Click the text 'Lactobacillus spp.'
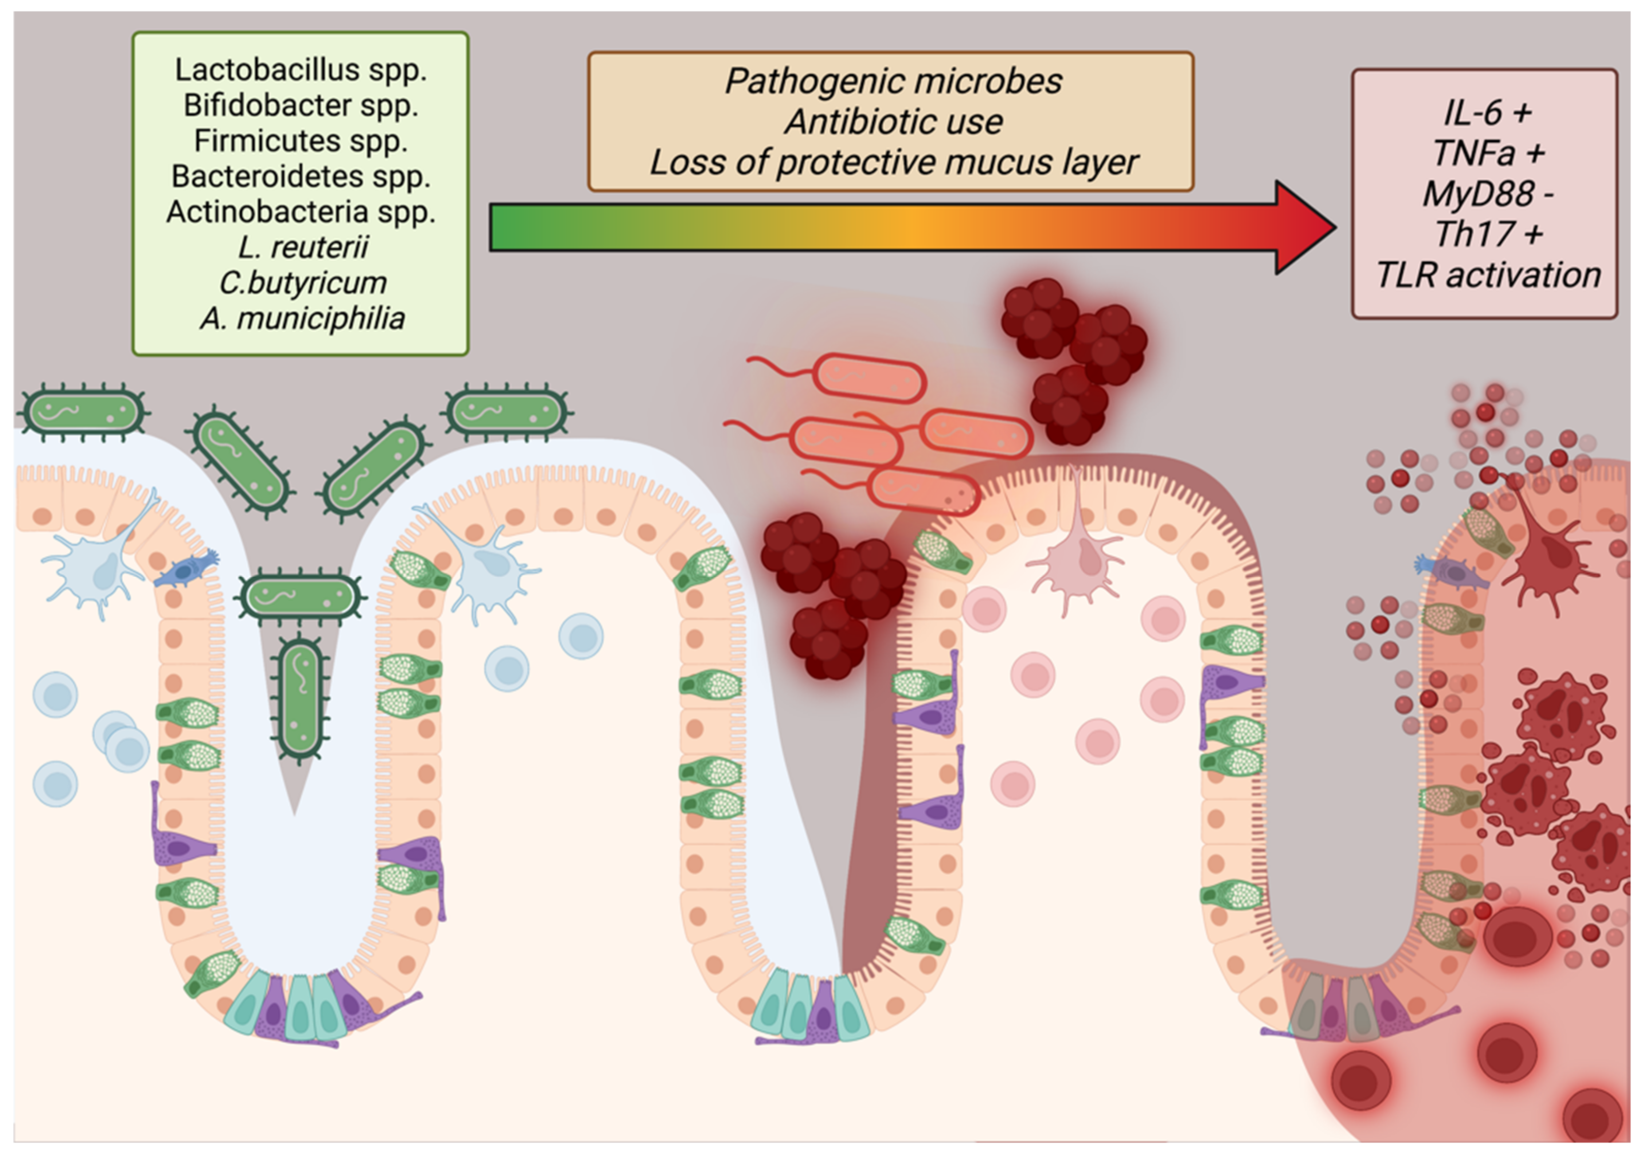point(301,70)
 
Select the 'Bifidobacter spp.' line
point(301,105)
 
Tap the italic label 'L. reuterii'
point(303,247)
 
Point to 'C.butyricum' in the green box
point(303,283)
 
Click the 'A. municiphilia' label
point(303,318)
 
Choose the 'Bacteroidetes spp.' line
point(301,176)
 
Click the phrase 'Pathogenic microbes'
point(893,81)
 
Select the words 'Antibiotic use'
point(893,122)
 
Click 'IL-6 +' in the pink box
point(1488,112)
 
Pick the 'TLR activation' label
point(1488,276)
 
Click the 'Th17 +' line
point(1488,234)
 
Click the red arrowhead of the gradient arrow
point(1303,228)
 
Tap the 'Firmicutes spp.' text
point(301,141)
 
